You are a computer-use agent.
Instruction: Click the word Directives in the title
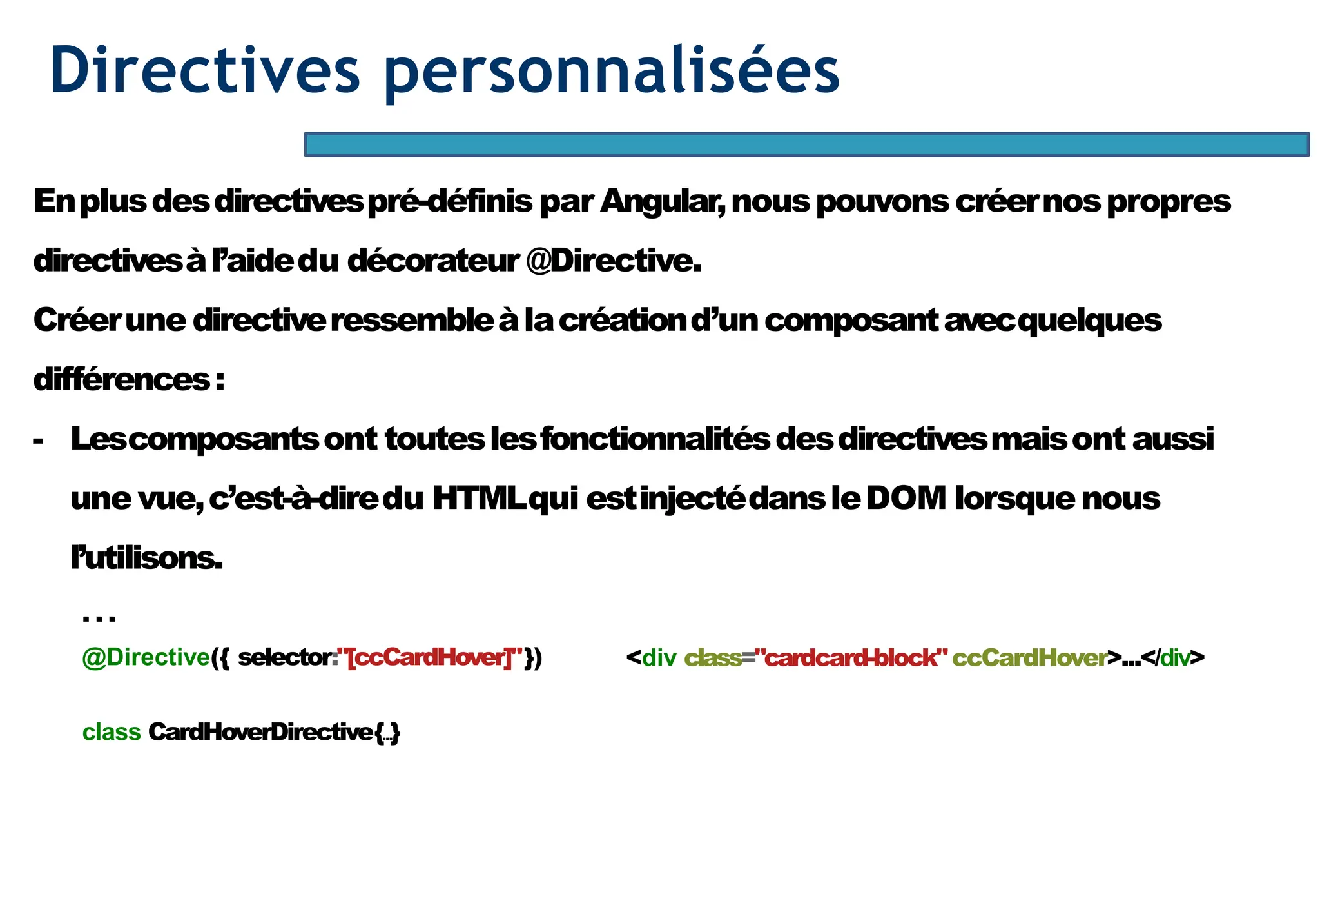(205, 70)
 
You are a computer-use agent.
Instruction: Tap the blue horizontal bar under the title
(806, 144)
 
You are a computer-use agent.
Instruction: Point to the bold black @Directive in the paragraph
(614, 261)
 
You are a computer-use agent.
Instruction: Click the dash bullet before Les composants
(38, 441)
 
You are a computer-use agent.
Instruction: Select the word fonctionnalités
(655, 439)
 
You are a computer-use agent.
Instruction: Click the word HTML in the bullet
(478, 499)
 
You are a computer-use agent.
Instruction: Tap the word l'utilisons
(146, 558)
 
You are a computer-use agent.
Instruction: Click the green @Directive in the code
(146, 658)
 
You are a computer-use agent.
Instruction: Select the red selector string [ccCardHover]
(429, 658)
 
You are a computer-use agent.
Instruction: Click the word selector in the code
(285, 658)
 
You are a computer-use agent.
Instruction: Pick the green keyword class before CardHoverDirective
(112, 733)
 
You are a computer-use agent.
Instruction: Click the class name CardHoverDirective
(260, 733)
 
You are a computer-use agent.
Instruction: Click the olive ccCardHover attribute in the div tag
(1029, 658)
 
